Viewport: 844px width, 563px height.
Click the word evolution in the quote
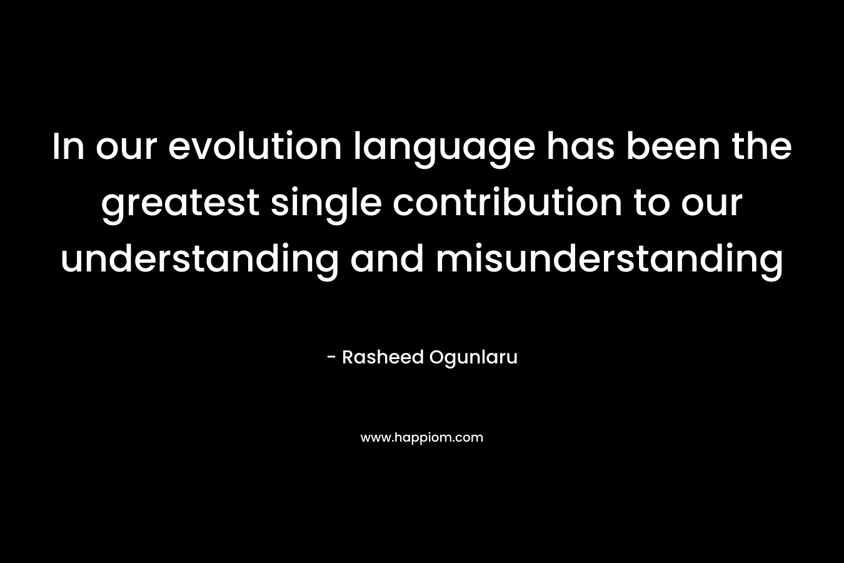tap(254, 146)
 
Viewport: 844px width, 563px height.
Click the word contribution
tap(507, 203)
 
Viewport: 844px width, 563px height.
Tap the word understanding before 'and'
tap(199, 262)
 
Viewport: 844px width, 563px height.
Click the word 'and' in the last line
tap(386, 259)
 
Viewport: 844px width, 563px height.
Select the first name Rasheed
tap(383, 357)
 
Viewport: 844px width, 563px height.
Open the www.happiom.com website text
tap(421, 438)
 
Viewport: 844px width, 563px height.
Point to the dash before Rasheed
tap(331, 357)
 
